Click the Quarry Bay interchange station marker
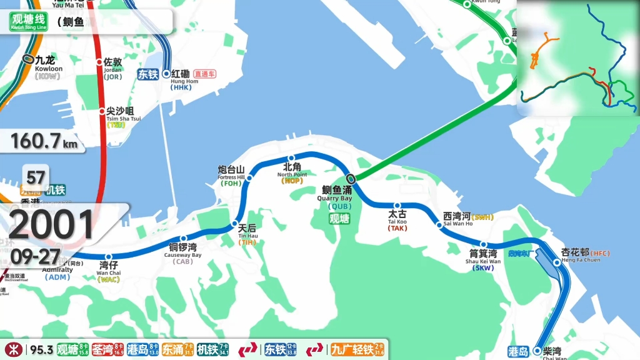point(351,179)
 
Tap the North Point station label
point(292,171)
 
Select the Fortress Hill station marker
point(249,178)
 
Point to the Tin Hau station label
point(247,232)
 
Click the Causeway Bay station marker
point(183,238)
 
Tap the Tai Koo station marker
point(397,205)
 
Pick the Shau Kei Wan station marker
point(483,244)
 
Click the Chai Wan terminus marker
point(537,351)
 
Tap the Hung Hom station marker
point(166,74)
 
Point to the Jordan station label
point(113,65)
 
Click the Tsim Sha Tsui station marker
point(102,111)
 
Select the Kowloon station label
point(45,64)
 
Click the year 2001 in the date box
point(51,225)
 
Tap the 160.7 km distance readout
point(44,141)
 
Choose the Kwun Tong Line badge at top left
point(28,22)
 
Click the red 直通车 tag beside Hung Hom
point(204,74)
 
